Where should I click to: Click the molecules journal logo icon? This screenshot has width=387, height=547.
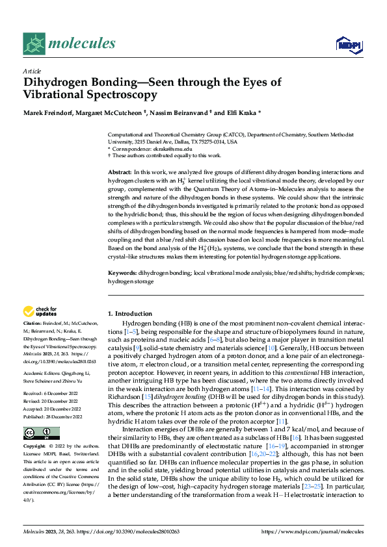pyautogui.click(x=34, y=44)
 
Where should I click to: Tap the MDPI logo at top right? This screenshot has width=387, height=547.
pyautogui.click(x=348, y=44)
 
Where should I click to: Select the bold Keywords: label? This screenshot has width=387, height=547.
pyautogui.click(x=123, y=274)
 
